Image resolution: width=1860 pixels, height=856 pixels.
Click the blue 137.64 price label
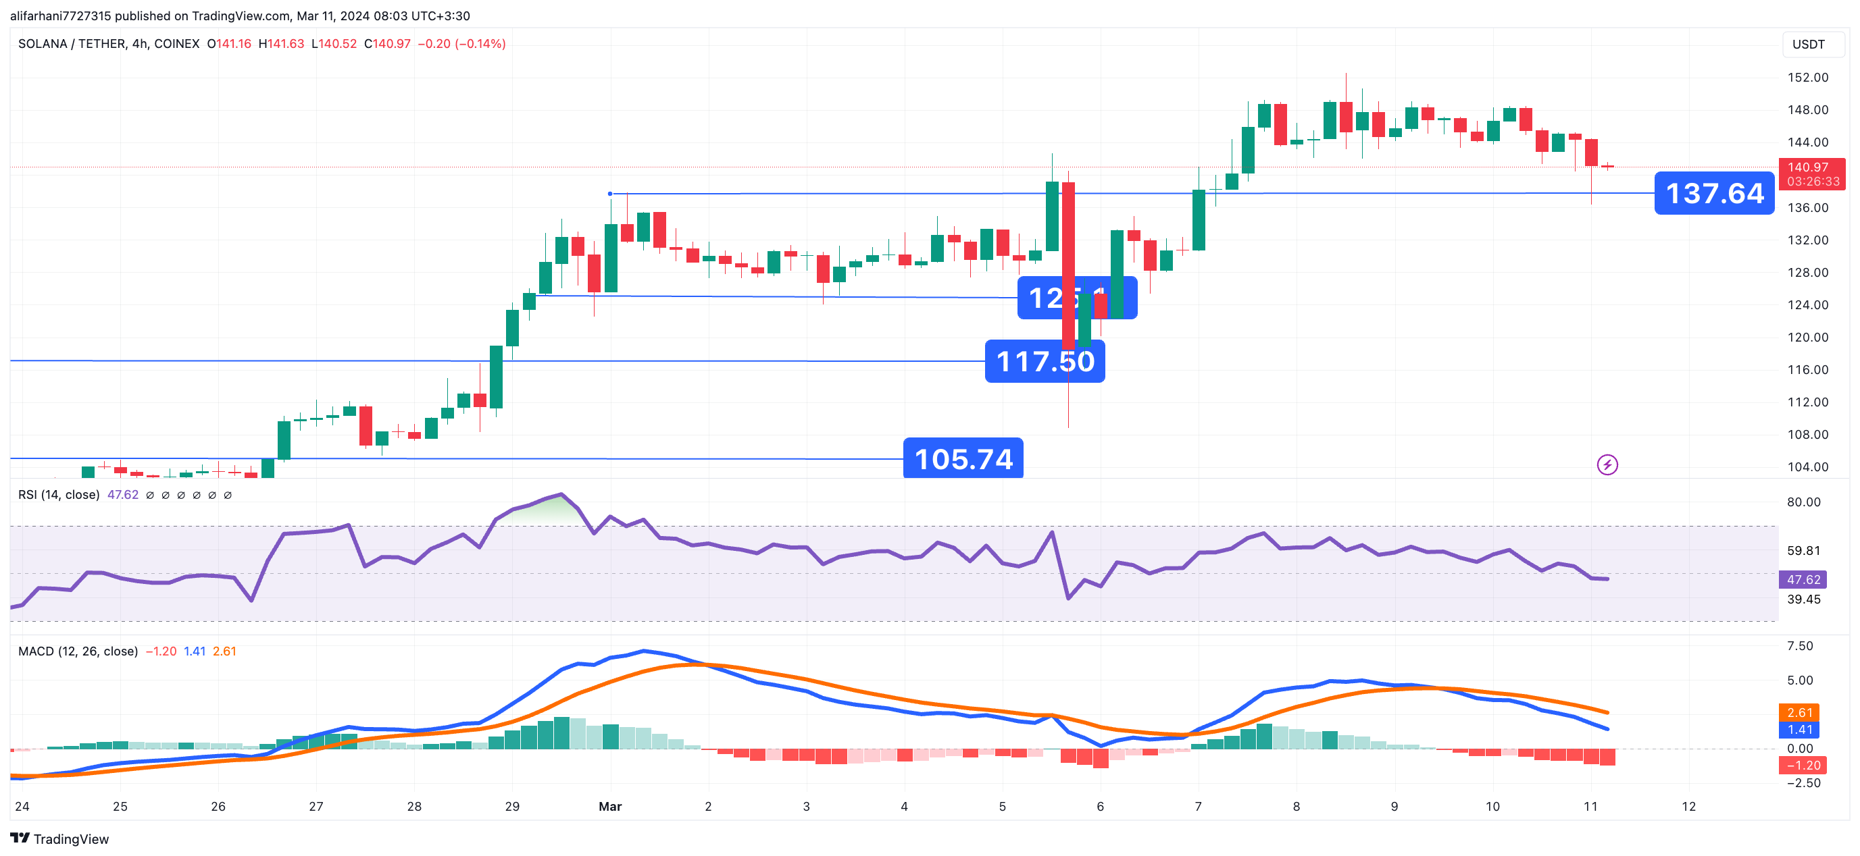1713,194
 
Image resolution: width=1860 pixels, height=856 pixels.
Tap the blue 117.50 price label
1044,361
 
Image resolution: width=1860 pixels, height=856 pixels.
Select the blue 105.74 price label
963,458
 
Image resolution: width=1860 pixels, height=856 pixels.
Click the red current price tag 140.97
1811,167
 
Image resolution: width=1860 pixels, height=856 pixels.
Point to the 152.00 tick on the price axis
1807,77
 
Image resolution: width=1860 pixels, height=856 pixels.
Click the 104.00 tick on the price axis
1807,467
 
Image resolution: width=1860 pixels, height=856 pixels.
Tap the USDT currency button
1808,44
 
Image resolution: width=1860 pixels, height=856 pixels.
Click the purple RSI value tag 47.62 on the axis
1803,580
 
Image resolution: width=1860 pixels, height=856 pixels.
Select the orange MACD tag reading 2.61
1799,712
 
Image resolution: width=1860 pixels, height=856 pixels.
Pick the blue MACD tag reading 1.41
1799,730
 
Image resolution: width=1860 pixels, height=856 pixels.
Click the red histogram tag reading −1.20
1803,765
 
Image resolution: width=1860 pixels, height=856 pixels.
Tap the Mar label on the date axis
609,806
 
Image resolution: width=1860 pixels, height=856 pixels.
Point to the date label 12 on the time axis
1688,806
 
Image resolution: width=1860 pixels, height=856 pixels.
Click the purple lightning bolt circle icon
1607,465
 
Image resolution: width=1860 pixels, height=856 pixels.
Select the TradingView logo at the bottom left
59,838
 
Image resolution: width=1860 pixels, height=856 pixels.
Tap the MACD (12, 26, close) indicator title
77,651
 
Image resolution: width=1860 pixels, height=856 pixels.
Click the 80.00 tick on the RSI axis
1803,502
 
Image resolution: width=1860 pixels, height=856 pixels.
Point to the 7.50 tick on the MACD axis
1799,646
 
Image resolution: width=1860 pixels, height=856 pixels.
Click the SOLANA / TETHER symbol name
108,44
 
